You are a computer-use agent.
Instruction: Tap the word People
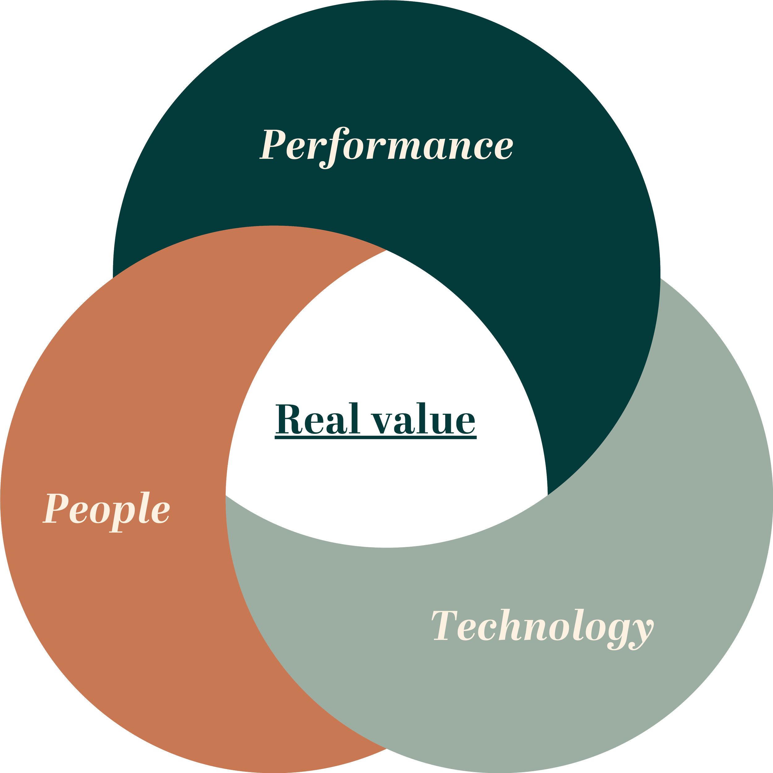tap(106, 509)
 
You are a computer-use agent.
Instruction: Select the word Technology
tap(542, 626)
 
